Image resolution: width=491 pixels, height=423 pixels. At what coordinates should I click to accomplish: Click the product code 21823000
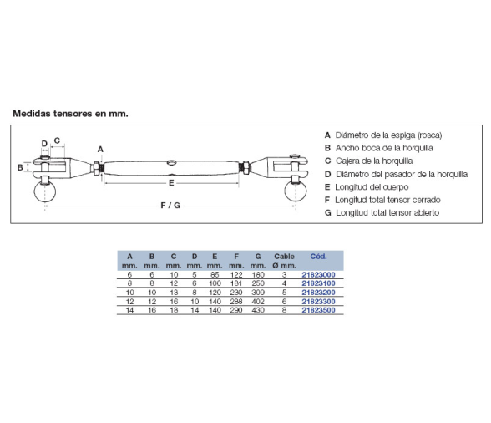318,275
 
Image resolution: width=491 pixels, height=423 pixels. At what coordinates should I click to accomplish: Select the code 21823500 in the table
318,310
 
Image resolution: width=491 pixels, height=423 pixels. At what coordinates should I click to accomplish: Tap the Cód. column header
318,257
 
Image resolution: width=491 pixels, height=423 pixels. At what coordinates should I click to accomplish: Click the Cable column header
284,257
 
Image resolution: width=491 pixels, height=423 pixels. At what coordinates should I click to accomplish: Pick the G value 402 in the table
258,301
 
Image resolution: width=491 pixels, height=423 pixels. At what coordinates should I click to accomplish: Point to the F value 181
236,283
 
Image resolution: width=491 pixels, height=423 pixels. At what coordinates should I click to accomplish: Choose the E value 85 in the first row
215,275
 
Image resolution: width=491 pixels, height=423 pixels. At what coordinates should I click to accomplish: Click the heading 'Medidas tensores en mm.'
70,114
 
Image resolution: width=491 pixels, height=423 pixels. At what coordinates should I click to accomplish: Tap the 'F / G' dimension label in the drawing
170,206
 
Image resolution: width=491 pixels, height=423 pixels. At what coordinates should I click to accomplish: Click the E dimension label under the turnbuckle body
171,183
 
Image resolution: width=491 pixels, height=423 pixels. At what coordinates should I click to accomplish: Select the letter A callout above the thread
100,150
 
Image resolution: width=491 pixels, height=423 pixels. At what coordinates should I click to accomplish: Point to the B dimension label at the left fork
20,167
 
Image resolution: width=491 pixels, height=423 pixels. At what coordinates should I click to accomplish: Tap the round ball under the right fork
296,191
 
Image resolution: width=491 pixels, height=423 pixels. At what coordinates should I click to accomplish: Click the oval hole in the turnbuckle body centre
172,162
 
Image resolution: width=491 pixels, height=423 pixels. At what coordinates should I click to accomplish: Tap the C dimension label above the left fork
57,140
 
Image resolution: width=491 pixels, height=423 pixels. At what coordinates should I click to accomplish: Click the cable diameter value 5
284,293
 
